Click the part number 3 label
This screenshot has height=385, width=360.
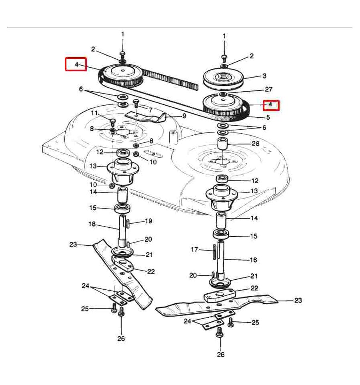pos(264,76)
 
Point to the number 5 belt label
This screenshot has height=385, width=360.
pos(268,117)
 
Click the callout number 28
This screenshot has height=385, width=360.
pos(256,143)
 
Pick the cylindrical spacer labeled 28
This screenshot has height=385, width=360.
pos(222,144)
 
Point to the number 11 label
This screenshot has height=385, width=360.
pos(94,113)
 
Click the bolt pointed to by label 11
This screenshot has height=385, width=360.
pos(112,121)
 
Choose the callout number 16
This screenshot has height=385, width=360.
pos(253,260)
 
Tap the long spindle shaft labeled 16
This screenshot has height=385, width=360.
pos(221,260)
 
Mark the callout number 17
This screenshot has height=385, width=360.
pos(194,249)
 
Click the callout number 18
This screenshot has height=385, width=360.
pos(92,225)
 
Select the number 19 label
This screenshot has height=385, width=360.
pos(148,221)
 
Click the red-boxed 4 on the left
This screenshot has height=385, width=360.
pos(76,64)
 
